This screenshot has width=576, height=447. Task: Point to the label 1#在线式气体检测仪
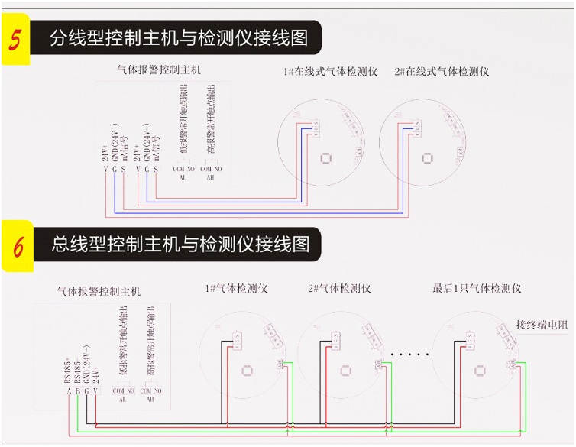[330, 72]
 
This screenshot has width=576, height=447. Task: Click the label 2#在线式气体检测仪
[442, 72]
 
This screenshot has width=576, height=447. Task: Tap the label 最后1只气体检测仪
[477, 289]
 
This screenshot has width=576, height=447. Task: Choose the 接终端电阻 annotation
[542, 325]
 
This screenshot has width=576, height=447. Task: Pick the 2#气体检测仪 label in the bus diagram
[339, 289]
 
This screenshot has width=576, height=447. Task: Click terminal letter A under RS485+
[69, 392]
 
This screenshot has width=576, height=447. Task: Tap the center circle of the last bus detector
[480, 371]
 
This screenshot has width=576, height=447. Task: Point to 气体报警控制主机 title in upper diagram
[158, 70]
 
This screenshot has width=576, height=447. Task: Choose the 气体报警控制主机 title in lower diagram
[99, 291]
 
